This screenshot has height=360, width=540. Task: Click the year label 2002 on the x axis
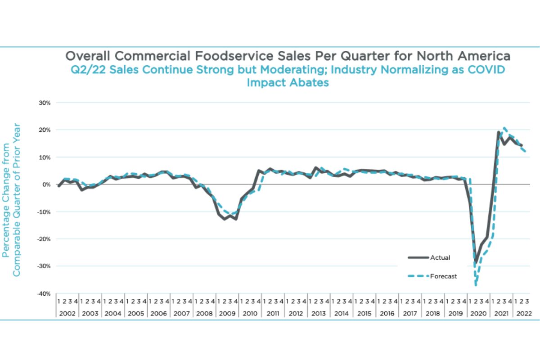[x=67, y=312]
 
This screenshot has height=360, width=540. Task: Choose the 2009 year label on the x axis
[x=227, y=312]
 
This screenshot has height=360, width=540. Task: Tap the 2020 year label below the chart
[x=478, y=312]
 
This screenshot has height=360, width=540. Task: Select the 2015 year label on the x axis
[x=364, y=312]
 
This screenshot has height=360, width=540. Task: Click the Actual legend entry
[x=440, y=258]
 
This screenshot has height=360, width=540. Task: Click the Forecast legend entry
[x=443, y=276]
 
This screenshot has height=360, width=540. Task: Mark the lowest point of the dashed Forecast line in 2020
[x=475, y=285]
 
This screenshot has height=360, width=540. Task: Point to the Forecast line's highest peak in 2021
[x=504, y=128]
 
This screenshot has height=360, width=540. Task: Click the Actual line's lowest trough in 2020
[x=476, y=262]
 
